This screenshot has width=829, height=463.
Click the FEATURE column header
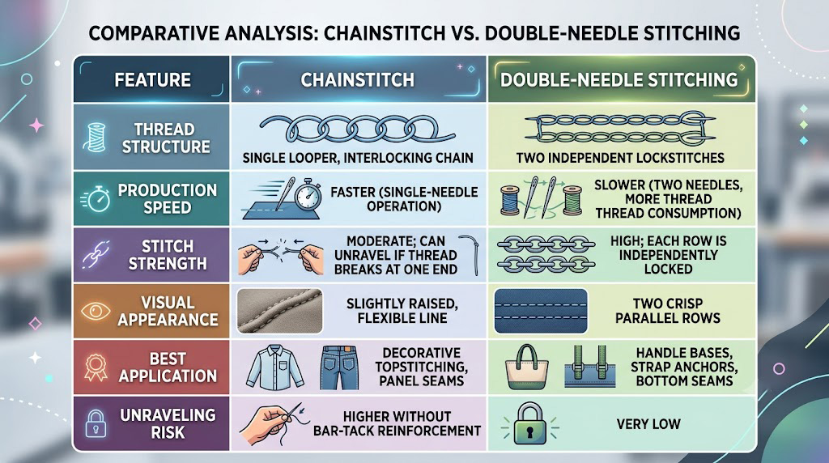tap(153, 80)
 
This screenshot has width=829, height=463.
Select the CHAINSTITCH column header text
tap(357, 80)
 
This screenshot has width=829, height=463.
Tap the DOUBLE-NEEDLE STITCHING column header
tap(619, 80)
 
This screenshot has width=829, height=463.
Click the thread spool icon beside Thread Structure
tap(96, 138)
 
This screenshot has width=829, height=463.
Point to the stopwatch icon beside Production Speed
tap(96, 199)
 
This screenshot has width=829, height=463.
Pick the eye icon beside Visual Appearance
tap(96, 311)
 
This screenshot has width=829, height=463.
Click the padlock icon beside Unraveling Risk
tap(96, 423)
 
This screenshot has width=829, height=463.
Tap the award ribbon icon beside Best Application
tap(96, 367)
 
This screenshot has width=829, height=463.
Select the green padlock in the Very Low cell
tap(529, 424)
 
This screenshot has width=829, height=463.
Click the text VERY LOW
tap(648, 424)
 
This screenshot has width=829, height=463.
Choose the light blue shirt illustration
tap(275, 367)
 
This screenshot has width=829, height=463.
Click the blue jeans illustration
tap(339, 367)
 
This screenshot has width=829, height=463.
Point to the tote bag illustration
tap(526, 367)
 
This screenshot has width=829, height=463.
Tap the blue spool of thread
tap(510, 200)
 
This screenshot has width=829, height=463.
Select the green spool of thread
tap(572, 200)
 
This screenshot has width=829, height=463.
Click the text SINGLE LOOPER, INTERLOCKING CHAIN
tap(358, 158)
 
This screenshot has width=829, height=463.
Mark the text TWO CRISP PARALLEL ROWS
tap(668, 311)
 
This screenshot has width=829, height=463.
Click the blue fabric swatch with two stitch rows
tap(541, 311)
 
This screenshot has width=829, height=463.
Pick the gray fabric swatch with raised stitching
tap(279, 311)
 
